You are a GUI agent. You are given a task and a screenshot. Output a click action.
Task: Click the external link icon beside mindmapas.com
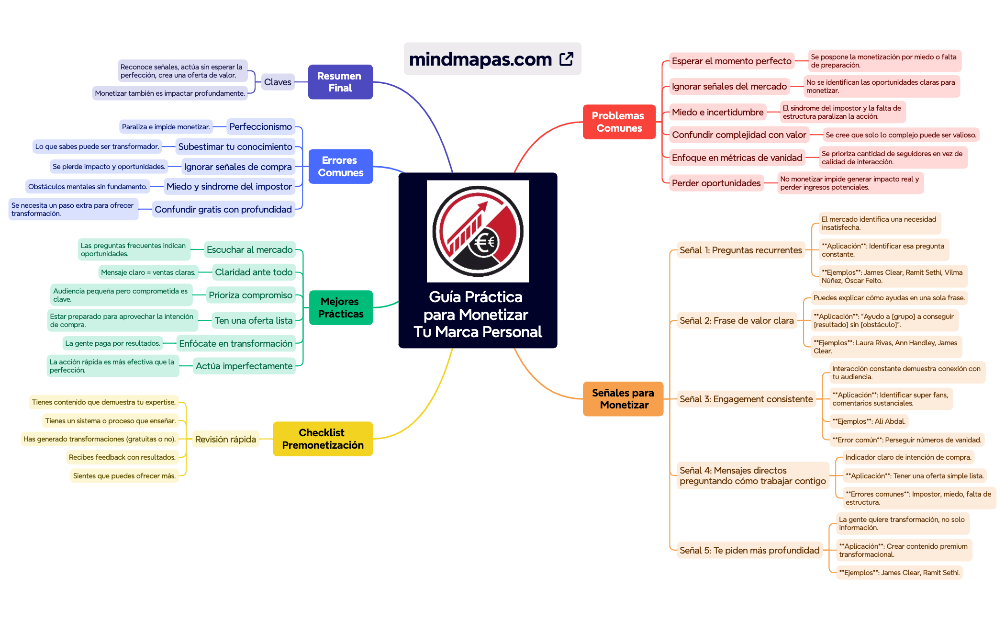click(566, 59)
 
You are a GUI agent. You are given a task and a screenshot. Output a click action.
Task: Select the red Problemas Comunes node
click(619, 122)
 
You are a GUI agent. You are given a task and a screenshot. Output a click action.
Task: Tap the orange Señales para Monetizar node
click(623, 399)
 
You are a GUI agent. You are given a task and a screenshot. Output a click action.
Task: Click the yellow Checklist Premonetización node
click(323, 439)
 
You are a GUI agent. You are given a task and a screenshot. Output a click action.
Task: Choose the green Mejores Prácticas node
click(341, 307)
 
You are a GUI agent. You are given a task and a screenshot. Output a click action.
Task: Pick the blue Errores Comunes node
click(341, 166)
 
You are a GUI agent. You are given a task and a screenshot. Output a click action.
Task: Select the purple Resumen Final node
click(340, 82)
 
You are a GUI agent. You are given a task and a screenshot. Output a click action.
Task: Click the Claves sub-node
click(278, 82)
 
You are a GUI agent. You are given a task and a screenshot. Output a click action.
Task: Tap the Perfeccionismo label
click(260, 126)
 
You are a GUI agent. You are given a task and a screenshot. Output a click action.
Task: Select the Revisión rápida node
click(225, 439)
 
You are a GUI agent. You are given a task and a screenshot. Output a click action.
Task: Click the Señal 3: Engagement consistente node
click(746, 399)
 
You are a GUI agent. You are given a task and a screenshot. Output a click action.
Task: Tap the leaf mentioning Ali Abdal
click(869, 421)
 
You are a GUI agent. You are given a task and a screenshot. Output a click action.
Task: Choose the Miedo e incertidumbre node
click(717, 112)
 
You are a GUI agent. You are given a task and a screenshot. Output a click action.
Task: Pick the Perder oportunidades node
click(716, 183)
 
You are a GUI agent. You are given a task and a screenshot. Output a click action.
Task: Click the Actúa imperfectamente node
click(244, 366)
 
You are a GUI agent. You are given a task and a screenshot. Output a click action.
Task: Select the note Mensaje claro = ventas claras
click(148, 272)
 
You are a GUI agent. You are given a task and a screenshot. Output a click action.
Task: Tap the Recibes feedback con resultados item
click(122, 457)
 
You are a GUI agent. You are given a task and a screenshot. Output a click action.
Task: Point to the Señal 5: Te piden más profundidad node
click(749, 550)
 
